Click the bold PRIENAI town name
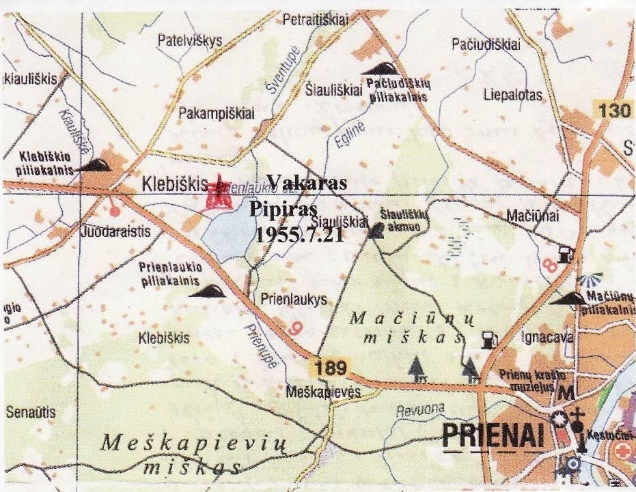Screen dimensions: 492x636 click(x=495, y=436)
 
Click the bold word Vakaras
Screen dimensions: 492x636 click(x=307, y=183)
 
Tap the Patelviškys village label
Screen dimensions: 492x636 click(x=190, y=41)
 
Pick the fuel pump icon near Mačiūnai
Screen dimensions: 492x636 click(x=564, y=253)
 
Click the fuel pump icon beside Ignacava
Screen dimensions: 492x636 click(x=487, y=338)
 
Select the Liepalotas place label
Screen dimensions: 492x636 click(x=512, y=95)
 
